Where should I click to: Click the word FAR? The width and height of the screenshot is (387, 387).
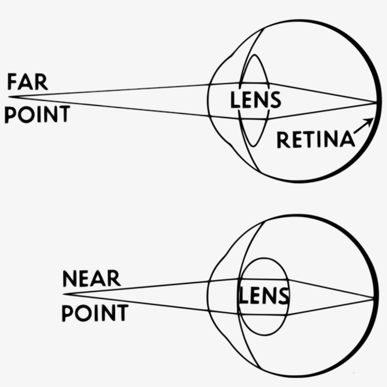27,82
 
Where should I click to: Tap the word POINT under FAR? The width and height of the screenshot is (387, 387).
37,114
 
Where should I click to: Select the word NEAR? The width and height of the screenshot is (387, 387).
91,279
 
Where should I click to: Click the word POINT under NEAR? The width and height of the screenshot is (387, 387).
95,313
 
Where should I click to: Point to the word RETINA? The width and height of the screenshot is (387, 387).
315,140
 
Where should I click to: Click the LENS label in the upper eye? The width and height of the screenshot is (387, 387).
255,100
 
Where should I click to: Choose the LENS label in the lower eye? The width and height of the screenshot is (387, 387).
263,296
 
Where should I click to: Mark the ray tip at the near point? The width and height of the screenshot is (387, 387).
64,294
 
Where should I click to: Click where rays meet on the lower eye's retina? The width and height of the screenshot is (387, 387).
375,297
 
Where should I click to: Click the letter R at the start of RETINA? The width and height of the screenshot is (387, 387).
282,140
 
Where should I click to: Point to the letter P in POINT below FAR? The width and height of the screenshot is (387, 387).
10,114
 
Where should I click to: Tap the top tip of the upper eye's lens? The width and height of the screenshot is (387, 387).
254,55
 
